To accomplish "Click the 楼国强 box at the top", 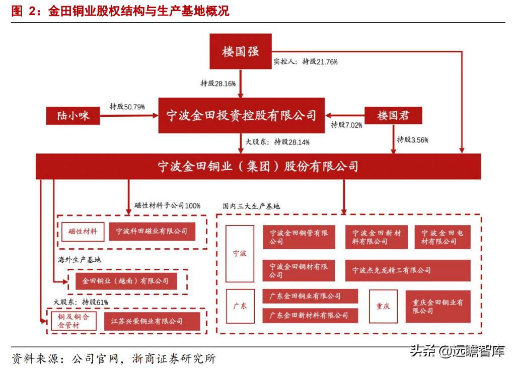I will pos(240,51).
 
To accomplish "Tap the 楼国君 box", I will pos(393,116).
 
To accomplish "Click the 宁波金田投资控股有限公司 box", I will pos(241,116).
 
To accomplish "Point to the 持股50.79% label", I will pos(127,107).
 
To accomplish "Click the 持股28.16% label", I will pos(218,84).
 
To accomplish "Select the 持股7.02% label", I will pos(346,125).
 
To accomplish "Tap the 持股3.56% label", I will pos(412,139).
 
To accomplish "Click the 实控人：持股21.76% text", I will pos(305,61).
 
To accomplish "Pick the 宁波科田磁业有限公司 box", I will pos(152,232).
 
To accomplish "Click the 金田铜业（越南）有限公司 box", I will pos(126,281).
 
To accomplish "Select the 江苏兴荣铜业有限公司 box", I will pos(152,321).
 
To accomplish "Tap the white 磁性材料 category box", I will pos(83,232).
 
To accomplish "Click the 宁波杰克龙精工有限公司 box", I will pos(408,270).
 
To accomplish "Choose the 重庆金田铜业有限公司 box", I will pos(437,307).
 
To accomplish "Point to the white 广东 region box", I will pos(240,306).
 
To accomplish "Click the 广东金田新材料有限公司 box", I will pos(310,315).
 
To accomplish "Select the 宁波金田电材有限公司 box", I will pos(443,237).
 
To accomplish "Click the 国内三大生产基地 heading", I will pos(251,206).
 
